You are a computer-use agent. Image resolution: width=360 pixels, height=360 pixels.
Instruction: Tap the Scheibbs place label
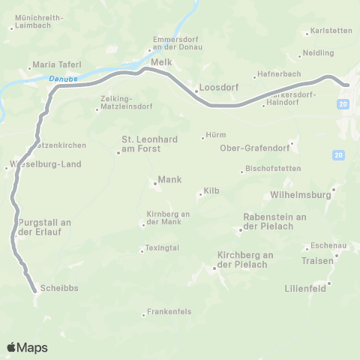pos(61,288)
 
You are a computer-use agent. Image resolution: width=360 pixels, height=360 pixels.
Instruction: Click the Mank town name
pos(170,181)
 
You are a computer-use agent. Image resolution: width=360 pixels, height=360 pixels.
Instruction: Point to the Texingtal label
pos(162,248)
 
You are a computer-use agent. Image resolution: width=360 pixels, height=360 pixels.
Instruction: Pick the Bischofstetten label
pos(271,169)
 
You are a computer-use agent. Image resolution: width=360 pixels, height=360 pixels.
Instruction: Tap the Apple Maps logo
pos(27,347)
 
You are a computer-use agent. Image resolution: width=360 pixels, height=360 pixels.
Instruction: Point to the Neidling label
pos(318,53)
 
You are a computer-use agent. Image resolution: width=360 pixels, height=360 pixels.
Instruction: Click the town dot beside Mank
pos(153,181)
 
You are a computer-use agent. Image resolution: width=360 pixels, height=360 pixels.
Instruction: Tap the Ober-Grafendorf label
pos(253,148)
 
